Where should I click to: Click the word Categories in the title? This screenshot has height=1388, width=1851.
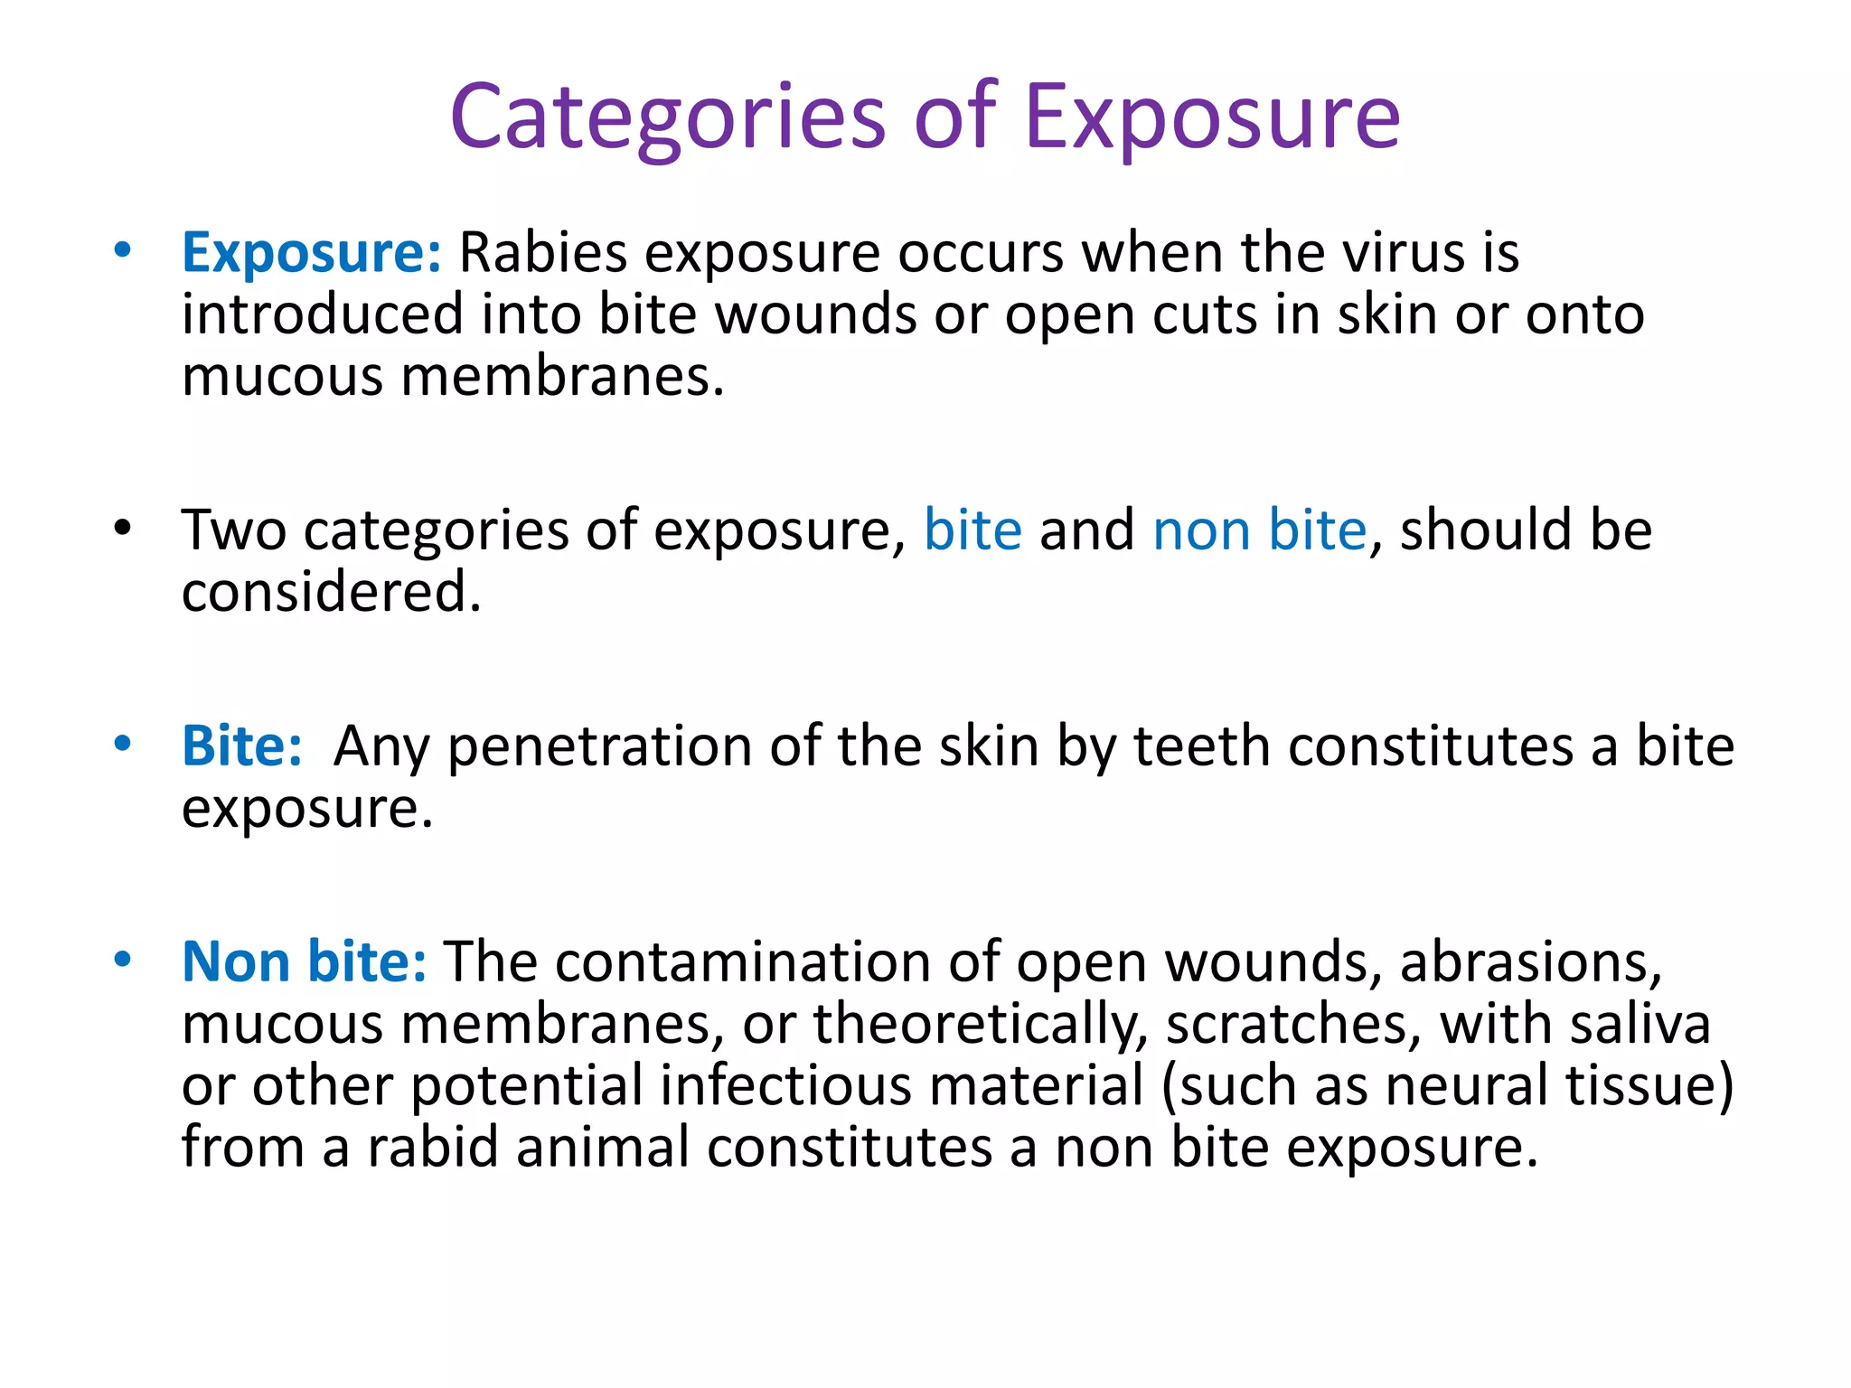pos(668,117)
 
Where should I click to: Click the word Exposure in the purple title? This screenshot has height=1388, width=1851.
pos(1211,117)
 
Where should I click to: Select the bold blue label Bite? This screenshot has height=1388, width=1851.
pos(241,747)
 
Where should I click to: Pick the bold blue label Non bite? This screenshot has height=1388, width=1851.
pos(304,961)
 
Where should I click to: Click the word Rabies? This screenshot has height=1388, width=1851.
pos(542,253)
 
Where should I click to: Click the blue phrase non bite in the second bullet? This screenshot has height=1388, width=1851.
pos(1259,530)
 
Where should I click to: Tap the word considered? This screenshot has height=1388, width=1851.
pos(331,593)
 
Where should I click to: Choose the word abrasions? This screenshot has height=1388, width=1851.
pos(1530,961)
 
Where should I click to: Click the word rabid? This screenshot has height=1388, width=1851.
pos(432,1148)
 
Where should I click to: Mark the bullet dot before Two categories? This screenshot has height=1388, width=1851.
pos(123,528)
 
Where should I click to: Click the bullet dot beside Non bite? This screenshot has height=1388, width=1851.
pos(123,960)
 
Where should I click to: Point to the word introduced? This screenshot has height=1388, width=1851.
pos(323,315)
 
